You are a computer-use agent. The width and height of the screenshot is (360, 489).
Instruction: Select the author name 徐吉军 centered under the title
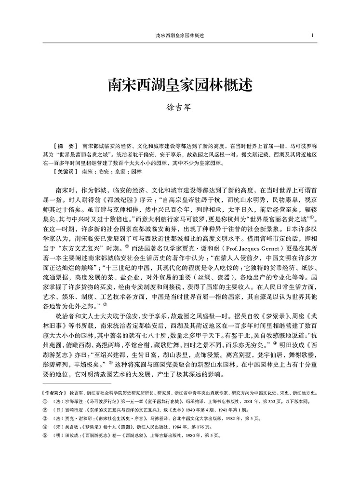[179, 111]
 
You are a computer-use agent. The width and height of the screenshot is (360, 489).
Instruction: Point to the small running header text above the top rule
[180, 36]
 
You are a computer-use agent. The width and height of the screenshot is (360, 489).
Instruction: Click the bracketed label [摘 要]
[67, 145]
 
